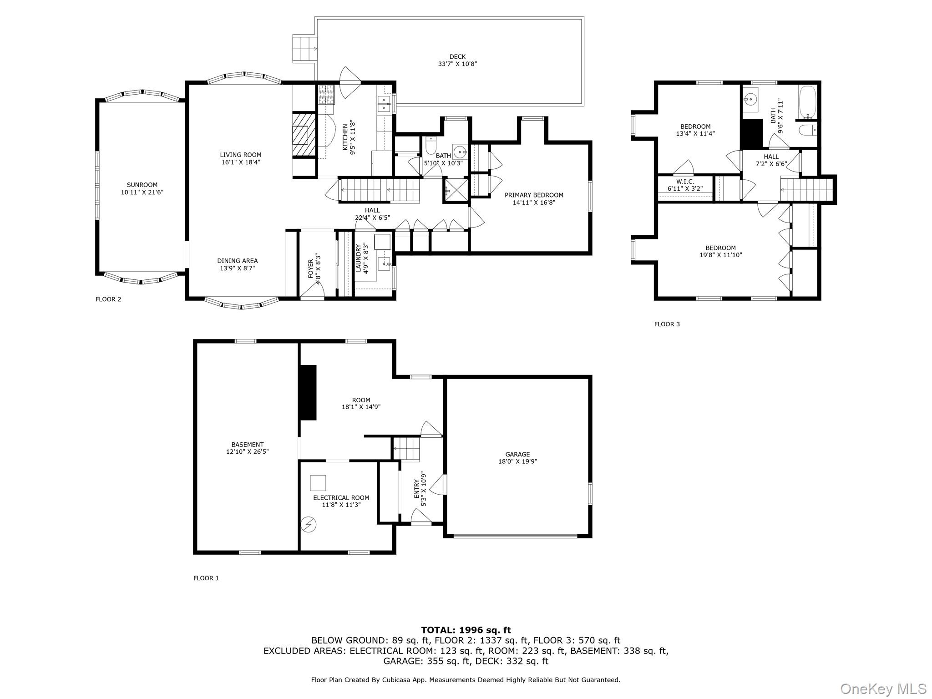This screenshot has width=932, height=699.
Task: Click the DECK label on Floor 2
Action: pyautogui.click(x=457, y=57)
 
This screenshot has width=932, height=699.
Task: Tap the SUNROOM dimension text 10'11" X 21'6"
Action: pyautogui.click(x=142, y=192)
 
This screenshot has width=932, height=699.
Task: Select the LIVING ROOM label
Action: pyautogui.click(x=241, y=155)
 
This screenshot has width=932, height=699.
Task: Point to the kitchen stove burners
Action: pyautogui.click(x=326, y=95)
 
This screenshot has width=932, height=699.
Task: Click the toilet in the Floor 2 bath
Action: pyautogui.click(x=430, y=147)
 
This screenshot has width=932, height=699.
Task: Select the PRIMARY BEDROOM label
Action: pyautogui.click(x=534, y=195)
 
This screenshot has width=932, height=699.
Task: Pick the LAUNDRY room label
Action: pyautogui.click(x=359, y=258)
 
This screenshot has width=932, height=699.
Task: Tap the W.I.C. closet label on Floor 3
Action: pyautogui.click(x=685, y=182)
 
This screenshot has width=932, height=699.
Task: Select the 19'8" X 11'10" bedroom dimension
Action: pyautogui.click(x=721, y=255)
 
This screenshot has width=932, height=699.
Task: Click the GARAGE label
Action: pyautogui.click(x=517, y=454)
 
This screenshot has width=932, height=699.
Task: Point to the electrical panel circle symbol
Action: pyautogui.click(x=309, y=525)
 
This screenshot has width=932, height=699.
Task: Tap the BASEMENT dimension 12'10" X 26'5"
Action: pyautogui.click(x=248, y=452)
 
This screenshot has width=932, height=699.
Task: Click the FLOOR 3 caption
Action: pyautogui.click(x=667, y=324)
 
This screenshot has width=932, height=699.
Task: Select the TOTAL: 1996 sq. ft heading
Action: pyautogui.click(x=466, y=630)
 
